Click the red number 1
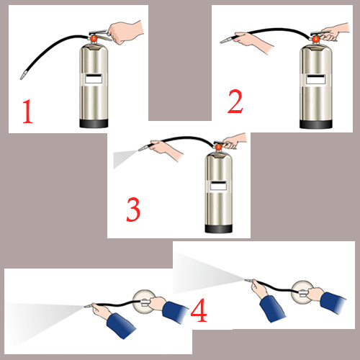coord(28,112)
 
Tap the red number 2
coord(235,102)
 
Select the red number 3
coord(133,210)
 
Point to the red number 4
coord(199,310)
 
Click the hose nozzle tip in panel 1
coord(20,78)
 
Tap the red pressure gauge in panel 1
coord(93,38)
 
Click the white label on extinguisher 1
coord(94,78)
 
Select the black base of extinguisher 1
coord(94,123)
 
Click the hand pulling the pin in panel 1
coord(125,32)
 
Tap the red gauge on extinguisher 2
coord(315,40)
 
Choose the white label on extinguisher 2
coord(316,79)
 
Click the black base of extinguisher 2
coord(316,124)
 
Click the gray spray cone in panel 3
coord(124,157)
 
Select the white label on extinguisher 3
coord(218,186)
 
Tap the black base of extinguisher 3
coord(218,228)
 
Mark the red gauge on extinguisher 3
coord(218,147)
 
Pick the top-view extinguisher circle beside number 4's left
coord(144,302)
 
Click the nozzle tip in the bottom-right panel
coord(246,279)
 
